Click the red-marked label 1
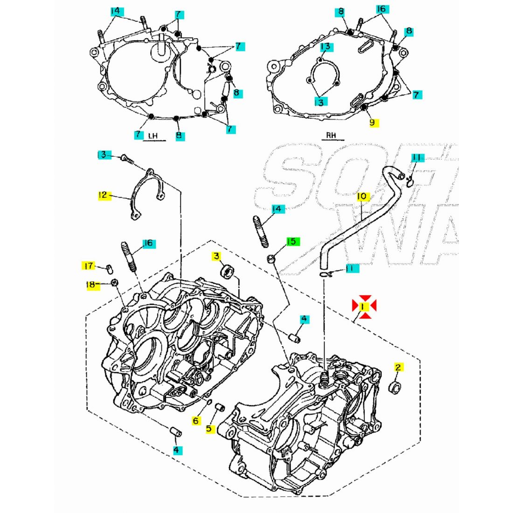pyautogui.click(x=364, y=306)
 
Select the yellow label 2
pyautogui.click(x=398, y=367)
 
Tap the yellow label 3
pyautogui.click(x=216, y=256)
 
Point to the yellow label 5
pyautogui.click(x=209, y=428)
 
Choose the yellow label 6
pyautogui.click(x=196, y=421)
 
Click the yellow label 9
pyautogui.click(x=372, y=122)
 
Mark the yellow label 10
pyautogui.click(x=361, y=197)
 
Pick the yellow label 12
pyautogui.click(x=103, y=195)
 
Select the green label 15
pyautogui.click(x=291, y=242)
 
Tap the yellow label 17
pyautogui.click(x=88, y=266)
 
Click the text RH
pyautogui.click(x=331, y=136)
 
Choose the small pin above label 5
pyautogui.click(x=217, y=409)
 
